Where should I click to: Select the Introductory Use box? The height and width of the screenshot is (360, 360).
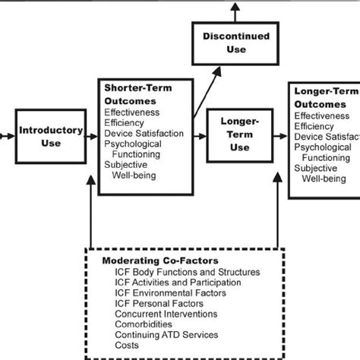tap(51, 137)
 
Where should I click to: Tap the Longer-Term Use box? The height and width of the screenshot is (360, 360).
tap(239, 137)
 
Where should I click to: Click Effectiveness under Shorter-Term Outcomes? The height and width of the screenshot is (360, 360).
tap(131, 112)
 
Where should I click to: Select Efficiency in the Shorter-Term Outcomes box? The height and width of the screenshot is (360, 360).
tap(125, 122)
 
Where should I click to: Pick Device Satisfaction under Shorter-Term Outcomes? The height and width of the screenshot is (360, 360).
tap(144, 134)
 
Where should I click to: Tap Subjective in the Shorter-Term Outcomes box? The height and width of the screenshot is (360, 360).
tap(127, 165)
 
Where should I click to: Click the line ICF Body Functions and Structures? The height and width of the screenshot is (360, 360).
tap(187, 272)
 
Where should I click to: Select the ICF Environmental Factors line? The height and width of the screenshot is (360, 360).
tap(172, 293)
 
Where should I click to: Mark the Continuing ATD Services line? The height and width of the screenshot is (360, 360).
tap(167, 335)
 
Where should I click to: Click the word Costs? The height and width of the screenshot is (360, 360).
tap(128, 346)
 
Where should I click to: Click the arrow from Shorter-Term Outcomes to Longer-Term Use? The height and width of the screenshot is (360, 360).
tap(199, 137)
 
